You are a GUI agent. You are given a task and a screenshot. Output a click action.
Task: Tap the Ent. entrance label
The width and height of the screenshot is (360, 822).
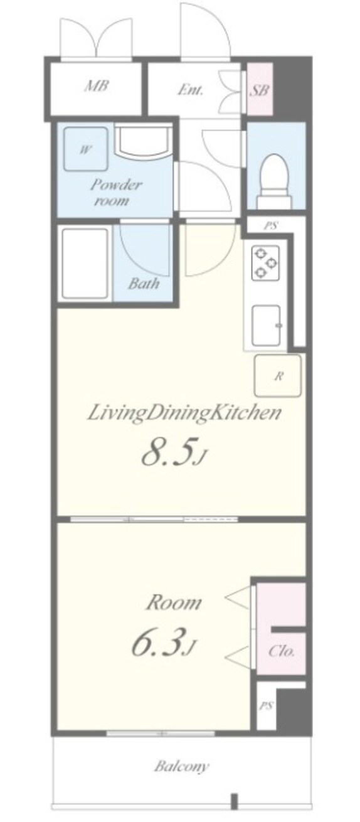(x=189, y=89)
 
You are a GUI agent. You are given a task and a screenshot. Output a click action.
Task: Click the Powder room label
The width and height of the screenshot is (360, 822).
(x=115, y=193)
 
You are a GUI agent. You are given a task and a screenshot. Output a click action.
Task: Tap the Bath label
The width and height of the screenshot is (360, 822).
(x=144, y=283)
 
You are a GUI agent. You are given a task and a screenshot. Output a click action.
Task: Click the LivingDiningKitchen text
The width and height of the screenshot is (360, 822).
(x=183, y=413)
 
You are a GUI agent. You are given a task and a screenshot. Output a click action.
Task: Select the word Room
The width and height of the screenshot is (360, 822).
(x=173, y=604)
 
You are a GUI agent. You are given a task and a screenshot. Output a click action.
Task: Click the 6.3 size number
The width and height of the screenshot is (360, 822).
(x=158, y=643)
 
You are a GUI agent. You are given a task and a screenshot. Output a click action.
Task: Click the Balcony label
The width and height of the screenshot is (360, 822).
(x=182, y=767)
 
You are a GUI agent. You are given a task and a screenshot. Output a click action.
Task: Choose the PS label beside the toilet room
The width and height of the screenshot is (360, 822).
(x=271, y=227)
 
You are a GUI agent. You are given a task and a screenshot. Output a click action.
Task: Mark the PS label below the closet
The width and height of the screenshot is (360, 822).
(x=266, y=706)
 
